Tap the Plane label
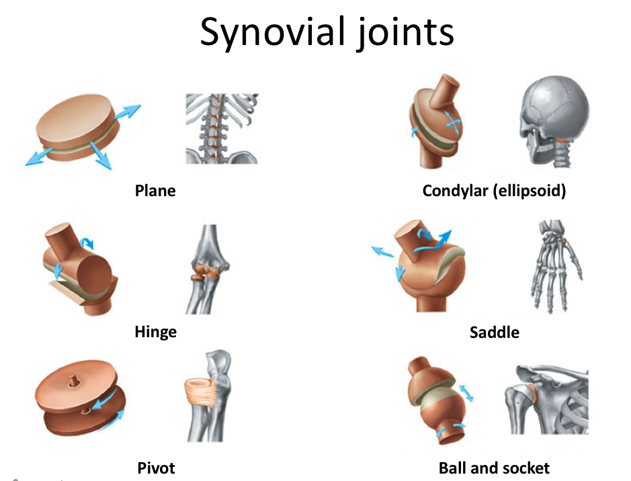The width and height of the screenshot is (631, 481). pos(155,191)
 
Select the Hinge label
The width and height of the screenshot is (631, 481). pos(155,332)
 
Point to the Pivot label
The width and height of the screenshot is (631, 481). pos(156,468)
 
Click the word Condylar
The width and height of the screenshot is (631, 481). pos(454,191)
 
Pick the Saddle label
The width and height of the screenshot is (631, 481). pos(494,332)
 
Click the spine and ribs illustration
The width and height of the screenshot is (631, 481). pos(222,128)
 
